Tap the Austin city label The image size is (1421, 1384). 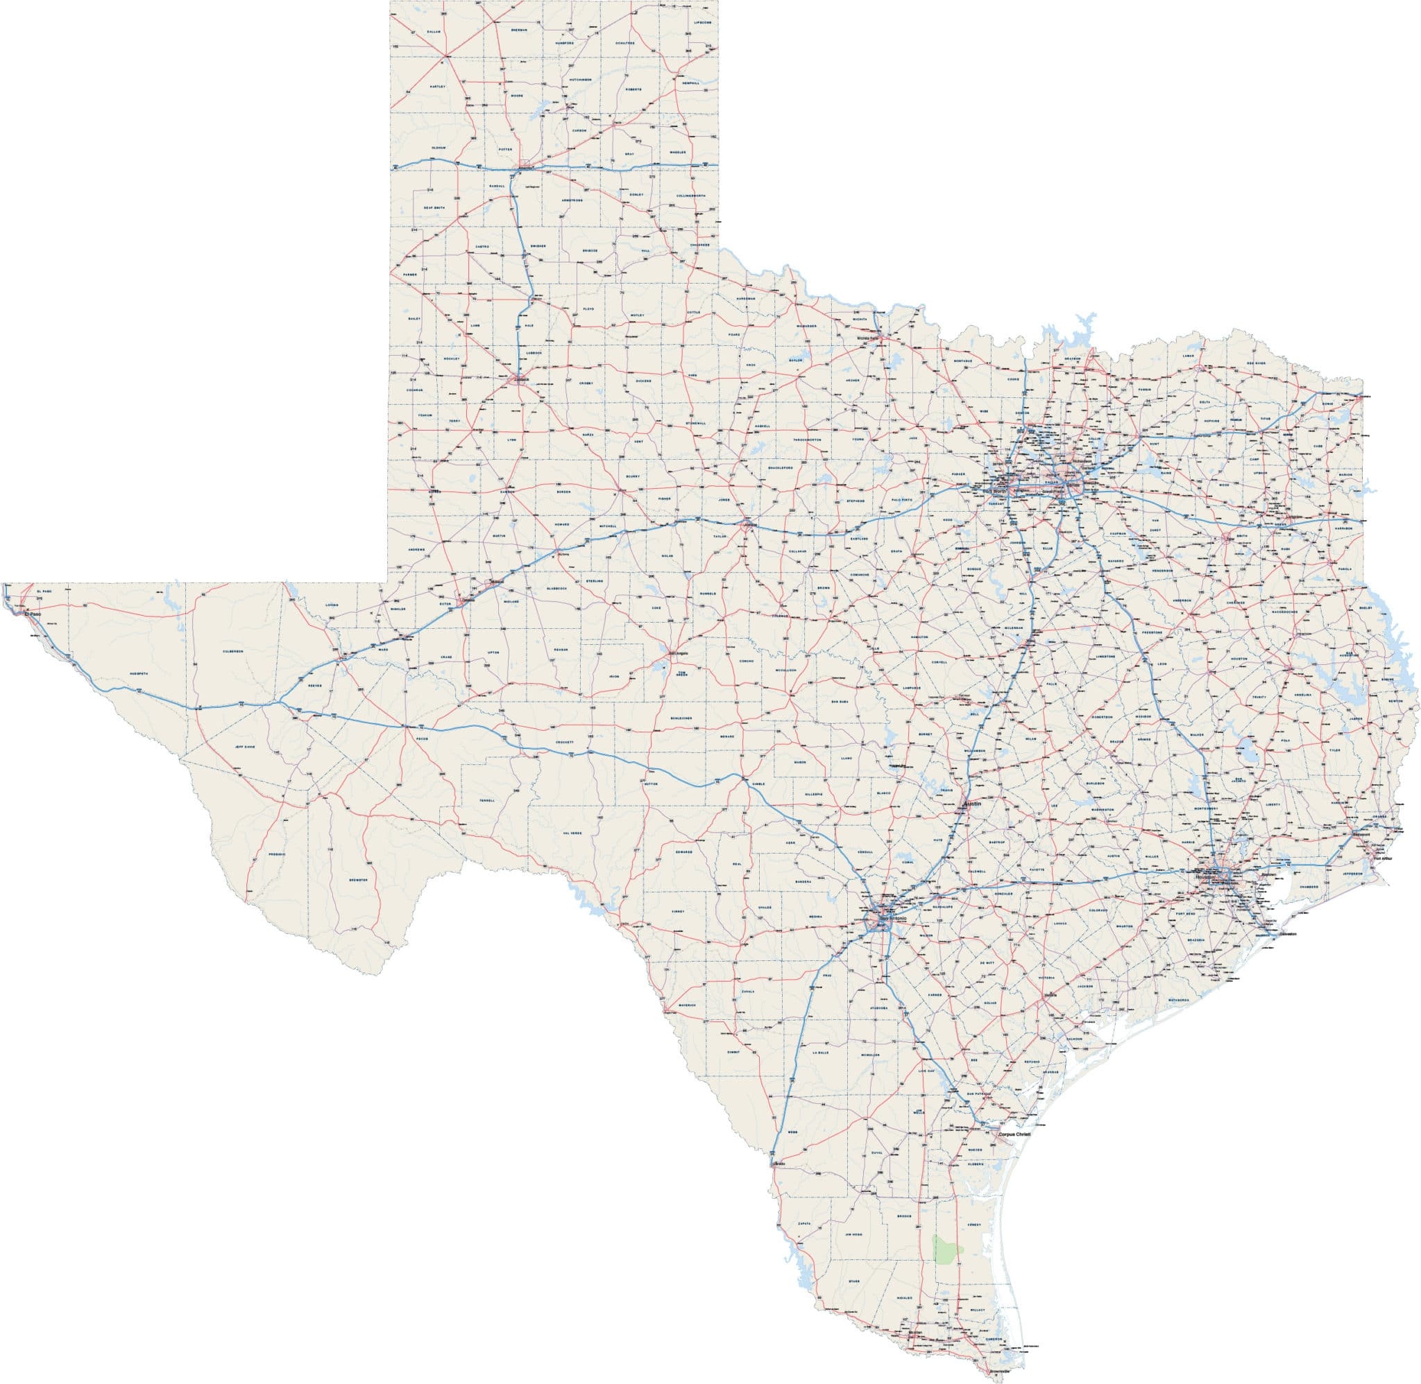(x=972, y=804)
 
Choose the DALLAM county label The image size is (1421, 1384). (x=434, y=32)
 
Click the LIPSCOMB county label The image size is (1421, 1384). (x=702, y=22)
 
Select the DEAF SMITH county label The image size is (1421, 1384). (x=434, y=208)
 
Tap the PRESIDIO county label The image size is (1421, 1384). (x=276, y=854)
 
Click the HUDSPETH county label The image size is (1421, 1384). (x=138, y=673)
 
